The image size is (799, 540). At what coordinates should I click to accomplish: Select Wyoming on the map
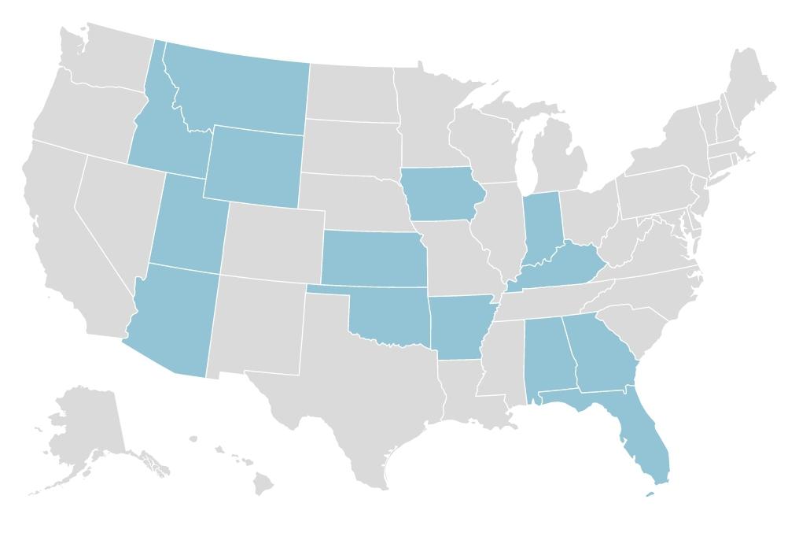pyautogui.click(x=253, y=165)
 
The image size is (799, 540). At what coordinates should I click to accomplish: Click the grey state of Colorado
pyautogui.click(x=271, y=240)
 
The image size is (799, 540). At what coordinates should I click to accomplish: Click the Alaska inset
pyautogui.click(x=87, y=425)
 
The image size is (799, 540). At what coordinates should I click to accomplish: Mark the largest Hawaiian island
pyautogui.click(x=263, y=483)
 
